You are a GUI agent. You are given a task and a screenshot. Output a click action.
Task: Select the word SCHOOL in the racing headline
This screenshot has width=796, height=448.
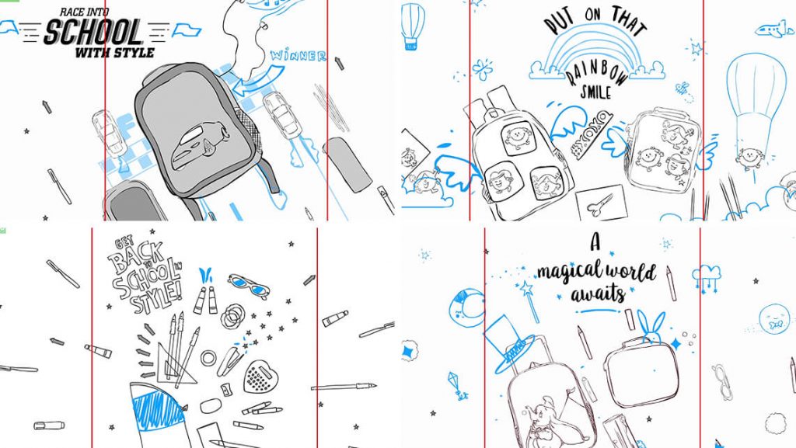tap(93, 32)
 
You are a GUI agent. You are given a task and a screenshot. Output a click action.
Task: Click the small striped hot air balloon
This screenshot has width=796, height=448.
tap(412, 26)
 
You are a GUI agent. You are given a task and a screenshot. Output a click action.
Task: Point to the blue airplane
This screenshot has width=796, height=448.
tap(774, 30)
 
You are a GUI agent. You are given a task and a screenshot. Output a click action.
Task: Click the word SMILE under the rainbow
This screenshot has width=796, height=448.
tap(595, 92)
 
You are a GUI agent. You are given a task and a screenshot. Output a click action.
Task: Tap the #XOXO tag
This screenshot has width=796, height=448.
tap(592, 135)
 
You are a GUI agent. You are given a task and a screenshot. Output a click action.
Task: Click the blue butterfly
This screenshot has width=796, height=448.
tap(482, 69)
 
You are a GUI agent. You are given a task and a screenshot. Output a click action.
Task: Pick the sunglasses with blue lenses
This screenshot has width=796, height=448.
tap(249, 286)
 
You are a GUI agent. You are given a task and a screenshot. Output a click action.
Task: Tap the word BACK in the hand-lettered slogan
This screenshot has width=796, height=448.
tap(137, 259)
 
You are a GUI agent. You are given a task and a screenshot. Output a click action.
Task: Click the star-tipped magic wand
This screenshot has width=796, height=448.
tap(529, 301)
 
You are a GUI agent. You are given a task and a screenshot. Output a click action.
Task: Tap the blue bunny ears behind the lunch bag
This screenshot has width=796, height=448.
tap(650, 327)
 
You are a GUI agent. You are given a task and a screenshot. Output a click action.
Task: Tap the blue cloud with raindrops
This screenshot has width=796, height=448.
tap(706, 276)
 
